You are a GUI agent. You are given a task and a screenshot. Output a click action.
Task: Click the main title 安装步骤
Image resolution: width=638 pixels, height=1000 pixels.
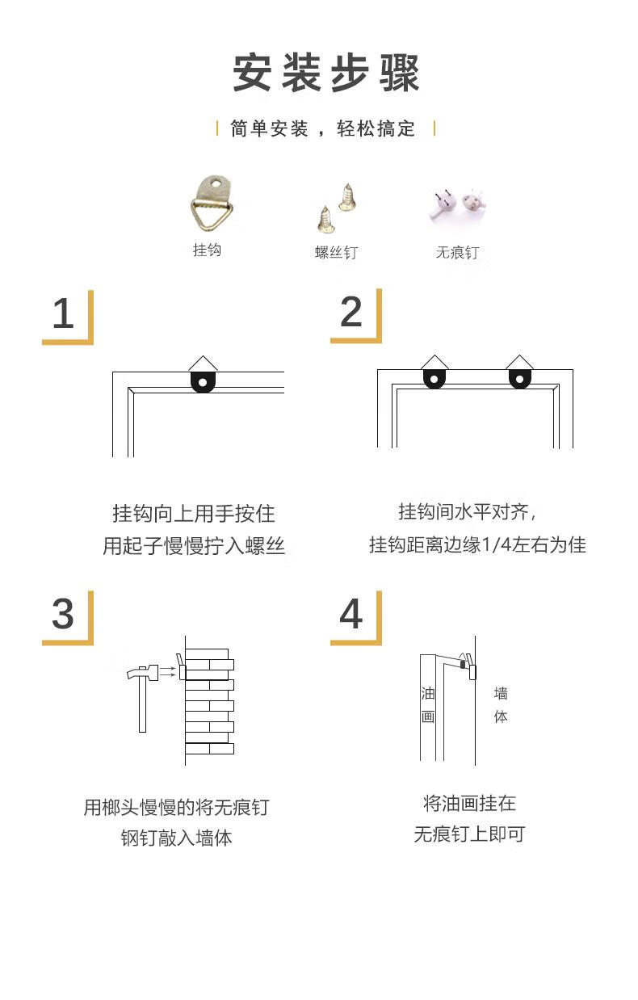[x=325, y=73]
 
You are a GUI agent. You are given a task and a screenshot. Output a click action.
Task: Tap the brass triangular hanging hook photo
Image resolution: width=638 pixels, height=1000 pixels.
[x=212, y=204]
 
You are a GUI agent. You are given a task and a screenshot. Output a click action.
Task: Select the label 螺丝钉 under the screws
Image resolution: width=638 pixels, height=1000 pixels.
[x=336, y=252]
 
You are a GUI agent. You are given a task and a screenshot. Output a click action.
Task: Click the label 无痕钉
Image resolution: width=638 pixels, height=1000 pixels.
[x=457, y=252]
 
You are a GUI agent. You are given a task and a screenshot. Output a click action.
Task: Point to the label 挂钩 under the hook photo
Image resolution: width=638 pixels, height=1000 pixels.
[x=207, y=250]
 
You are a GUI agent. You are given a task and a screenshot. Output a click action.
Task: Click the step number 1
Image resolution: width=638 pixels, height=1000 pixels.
[x=63, y=313]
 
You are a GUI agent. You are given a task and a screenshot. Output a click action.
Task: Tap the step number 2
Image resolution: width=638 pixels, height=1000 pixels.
[x=351, y=312]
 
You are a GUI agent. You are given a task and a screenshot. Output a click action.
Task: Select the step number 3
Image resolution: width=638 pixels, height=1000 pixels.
[x=63, y=614]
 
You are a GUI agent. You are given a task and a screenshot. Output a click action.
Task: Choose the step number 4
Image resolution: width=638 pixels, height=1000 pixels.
[x=351, y=614]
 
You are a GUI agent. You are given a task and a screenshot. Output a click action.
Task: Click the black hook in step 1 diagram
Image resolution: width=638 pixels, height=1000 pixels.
[x=203, y=382]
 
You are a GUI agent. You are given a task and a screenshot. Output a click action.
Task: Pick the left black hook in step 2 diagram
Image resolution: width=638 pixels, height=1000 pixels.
[x=434, y=379]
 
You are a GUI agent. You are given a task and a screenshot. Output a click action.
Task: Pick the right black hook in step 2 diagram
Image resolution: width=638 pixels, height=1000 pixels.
[x=519, y=379]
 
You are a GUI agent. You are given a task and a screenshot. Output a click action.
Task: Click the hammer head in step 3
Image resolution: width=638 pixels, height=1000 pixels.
[x=142, y=673]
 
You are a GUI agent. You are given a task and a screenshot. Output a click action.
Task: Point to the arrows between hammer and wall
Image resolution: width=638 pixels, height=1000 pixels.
[x=167, y=671]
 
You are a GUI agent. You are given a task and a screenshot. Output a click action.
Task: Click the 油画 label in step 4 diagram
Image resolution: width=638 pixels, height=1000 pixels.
[x=428, y=705]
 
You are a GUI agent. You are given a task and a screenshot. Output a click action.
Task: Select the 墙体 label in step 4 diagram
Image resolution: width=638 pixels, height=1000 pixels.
[x=501, y=705]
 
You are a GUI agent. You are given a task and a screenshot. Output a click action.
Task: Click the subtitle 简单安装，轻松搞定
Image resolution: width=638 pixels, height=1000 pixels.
[x=323, y=128]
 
